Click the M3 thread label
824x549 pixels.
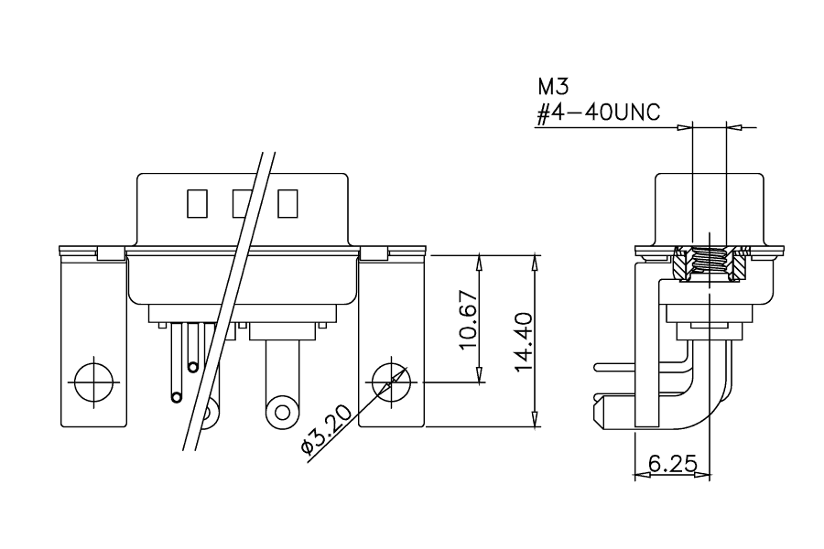click(553, 86)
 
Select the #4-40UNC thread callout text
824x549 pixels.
click(598, 113)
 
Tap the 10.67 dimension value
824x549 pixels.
click(467, 319)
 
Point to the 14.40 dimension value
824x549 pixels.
click(524, 342)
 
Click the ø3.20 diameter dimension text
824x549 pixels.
click(326, 430)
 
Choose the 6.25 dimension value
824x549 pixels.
click(673, 464)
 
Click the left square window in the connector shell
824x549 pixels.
click(197, 204)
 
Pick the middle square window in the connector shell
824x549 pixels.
click(243, 204)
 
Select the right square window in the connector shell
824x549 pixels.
click(287, 204)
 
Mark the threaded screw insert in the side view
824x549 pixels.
click(710, 263)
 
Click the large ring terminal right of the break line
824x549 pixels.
click(283, 412)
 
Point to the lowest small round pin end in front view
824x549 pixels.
click(177, 396)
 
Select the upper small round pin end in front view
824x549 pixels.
click(193, 367)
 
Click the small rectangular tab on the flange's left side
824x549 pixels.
click(111, 253)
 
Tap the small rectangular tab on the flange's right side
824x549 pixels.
click(374, 253)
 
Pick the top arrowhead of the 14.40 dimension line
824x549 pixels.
click(535, 262)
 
